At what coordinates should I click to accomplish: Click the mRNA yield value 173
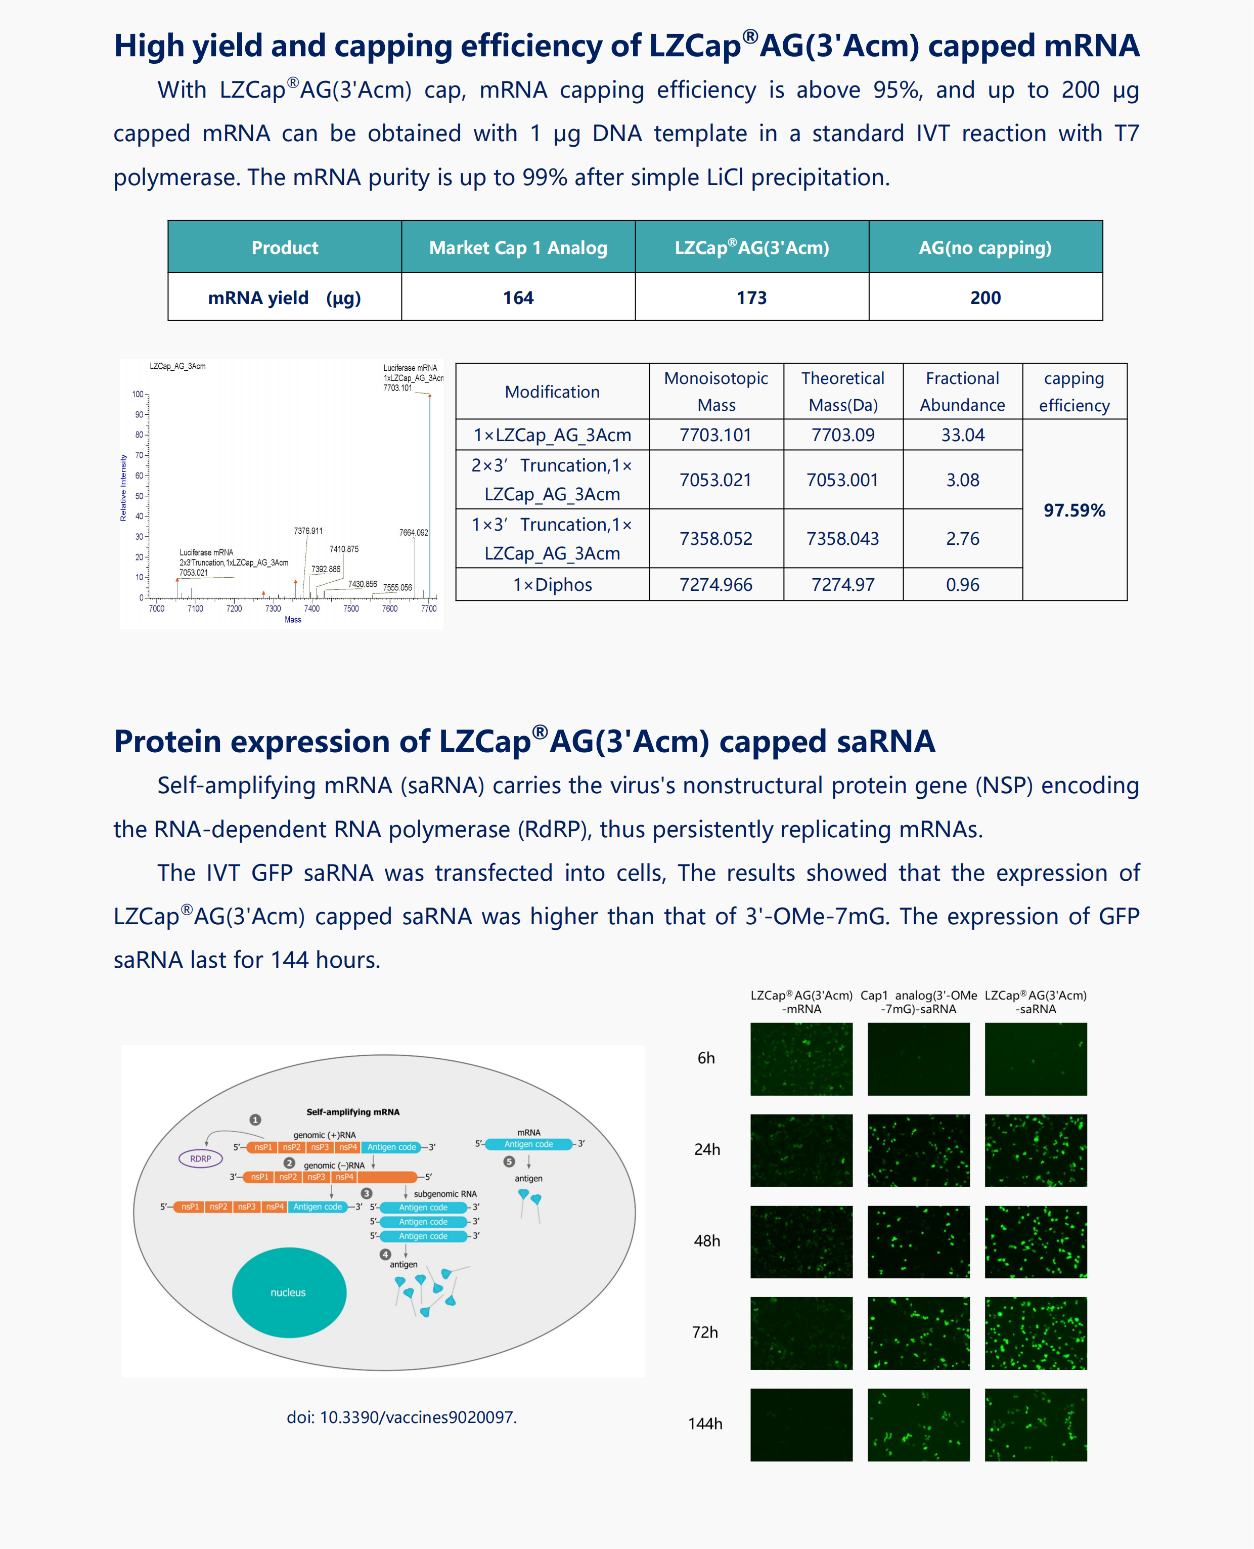coord(751,297)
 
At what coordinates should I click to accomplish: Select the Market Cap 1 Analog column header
coord(518,248)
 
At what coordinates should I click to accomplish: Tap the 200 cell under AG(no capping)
coord(986,297)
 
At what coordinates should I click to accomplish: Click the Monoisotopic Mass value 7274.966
coord(716,584)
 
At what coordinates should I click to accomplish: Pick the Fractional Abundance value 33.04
coord(962,435)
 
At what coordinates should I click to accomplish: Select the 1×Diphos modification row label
coord(553,584)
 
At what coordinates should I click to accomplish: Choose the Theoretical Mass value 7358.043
coord(842,539)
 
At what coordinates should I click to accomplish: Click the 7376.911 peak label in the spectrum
coord(308,531)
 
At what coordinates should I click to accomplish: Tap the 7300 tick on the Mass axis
coord(273,609)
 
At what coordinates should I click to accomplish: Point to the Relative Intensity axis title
coord(123,488)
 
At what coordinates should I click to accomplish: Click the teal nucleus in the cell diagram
coord(289,1293)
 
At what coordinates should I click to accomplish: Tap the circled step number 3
coord(367,1193)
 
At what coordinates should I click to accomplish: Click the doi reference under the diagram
coord(401,1417)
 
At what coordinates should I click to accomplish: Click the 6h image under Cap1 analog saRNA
coord(918,1058)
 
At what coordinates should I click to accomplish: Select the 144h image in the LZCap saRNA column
coord(1035,1425)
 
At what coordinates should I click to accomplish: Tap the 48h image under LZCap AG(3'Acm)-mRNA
coord(801,1241)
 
